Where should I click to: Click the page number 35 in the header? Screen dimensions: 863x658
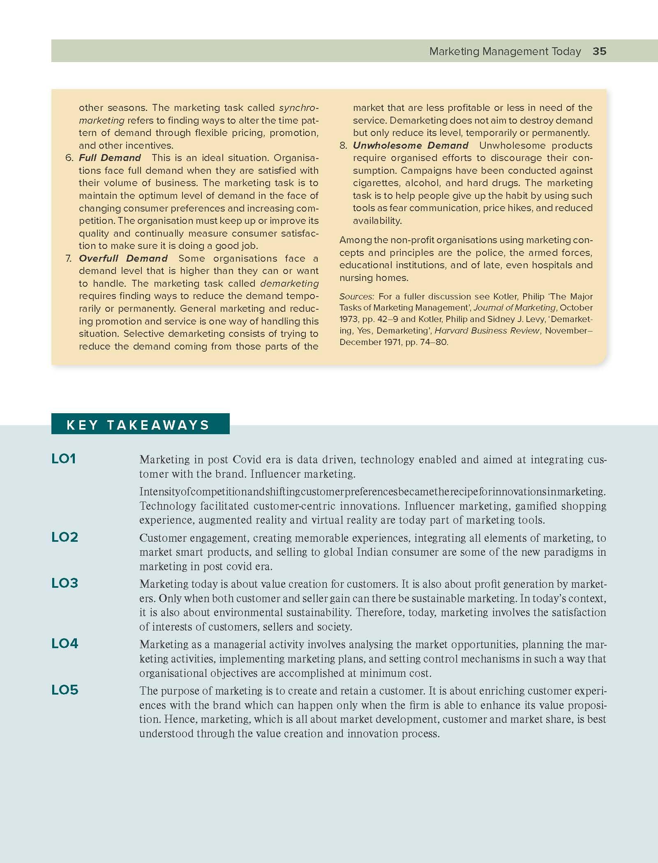tap(600, 51)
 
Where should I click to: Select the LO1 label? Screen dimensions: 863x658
tap(64, 459)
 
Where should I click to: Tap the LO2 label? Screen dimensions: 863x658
tap(65, 537)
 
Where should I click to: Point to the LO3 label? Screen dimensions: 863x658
tap(65, 583)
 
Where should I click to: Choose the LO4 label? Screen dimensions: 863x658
tap(65, 644)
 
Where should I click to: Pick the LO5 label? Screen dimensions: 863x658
tap(65, 690)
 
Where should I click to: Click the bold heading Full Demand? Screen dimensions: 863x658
tap(110, 158)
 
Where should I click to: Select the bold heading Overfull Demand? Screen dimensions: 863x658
tap(123, 258)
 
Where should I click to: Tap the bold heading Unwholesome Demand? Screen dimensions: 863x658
tap(411, 145)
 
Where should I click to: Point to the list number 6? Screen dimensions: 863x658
tap(69, 158)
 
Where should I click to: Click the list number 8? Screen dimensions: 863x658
tap(343, 145)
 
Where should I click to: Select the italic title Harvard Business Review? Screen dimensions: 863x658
tap(487, 331)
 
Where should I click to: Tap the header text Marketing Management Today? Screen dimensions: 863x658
tap(505, 51)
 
